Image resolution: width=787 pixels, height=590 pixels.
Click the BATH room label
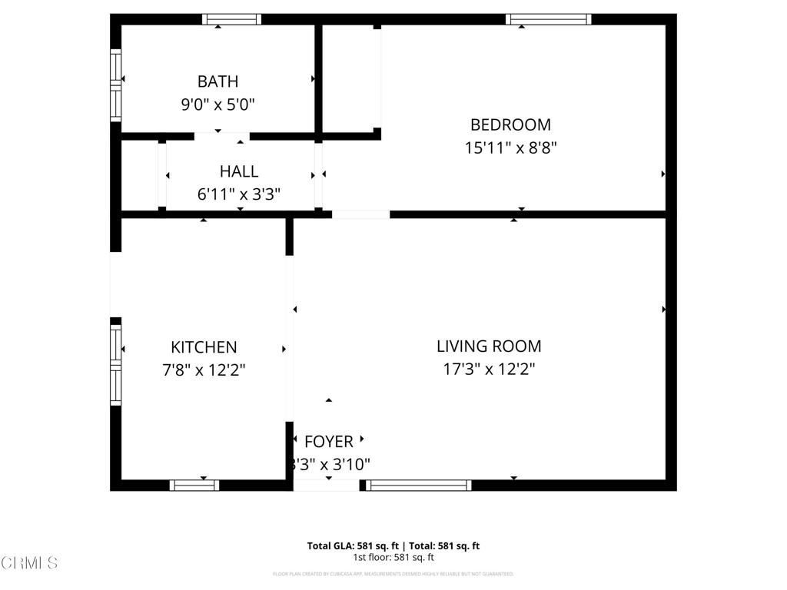(x=218, y=81)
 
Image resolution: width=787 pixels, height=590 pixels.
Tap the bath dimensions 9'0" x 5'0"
(x=218, y=104)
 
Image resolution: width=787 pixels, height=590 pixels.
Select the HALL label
(x=239, y=171)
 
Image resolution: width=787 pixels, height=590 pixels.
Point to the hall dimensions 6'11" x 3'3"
(x=239, y=194)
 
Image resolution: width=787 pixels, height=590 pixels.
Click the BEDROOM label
(x=510, y=124)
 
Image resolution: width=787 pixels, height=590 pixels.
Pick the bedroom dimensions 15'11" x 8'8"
(x=510, y=147)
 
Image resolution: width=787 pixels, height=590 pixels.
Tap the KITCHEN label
(x=204, y=347)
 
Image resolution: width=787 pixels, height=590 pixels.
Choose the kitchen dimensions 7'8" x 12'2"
(x=204, y=370)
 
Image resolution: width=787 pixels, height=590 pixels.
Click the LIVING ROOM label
(x=489, y=346)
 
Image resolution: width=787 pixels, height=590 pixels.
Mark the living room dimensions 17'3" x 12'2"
(x=489, y=369)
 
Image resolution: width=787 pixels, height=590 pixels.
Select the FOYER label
(x=329, y=442)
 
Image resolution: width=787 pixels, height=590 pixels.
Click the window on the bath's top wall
(x=231, y=19)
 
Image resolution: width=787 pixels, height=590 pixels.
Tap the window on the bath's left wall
(x=116, y=85)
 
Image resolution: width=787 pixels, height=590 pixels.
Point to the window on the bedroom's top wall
(x=548, y=19)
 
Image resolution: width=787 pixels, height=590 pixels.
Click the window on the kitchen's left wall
(x=116, y=364)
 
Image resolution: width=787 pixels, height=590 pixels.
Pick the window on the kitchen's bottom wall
(x=194, y=485)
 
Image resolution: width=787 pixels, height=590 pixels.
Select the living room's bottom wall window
(x=418, y=485)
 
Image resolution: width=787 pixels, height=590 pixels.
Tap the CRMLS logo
(x=29, y=563)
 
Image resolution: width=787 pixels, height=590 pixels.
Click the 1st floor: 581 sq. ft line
(x=393, y=558)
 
